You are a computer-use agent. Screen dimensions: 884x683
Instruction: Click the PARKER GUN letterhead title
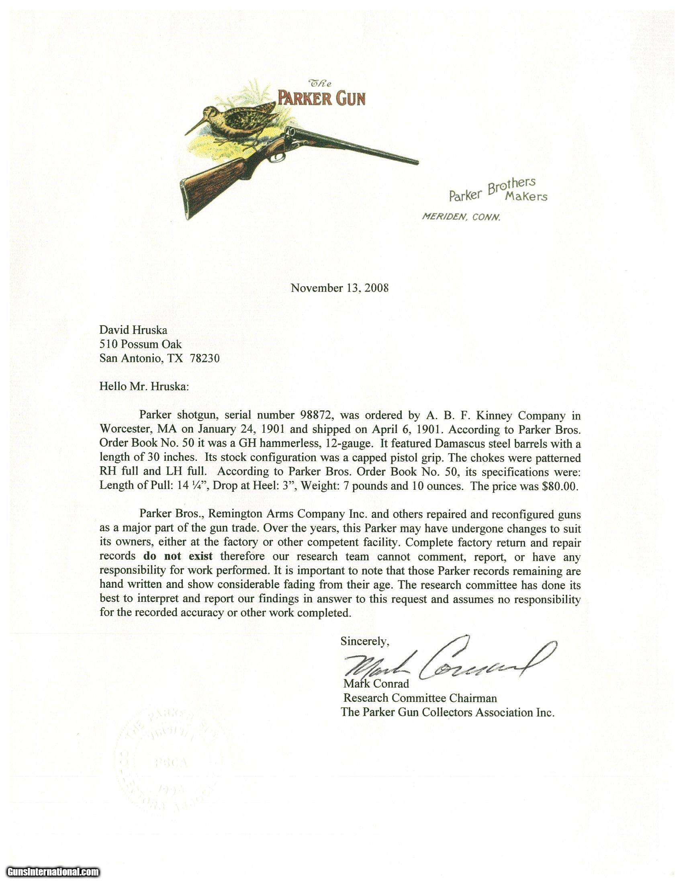pos(321,98)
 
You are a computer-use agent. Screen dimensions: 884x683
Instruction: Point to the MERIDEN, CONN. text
pos(461,217)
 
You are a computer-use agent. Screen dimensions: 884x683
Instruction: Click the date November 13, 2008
pos(339,288)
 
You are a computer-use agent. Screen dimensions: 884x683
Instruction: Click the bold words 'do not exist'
pos(178,556)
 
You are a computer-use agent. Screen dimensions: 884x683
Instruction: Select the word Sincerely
pos(364,641)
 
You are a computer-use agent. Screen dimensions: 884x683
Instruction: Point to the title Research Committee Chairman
pos(420,698)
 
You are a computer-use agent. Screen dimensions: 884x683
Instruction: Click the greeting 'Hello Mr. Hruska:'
pos(144,386)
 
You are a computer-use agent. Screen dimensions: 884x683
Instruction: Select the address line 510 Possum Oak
pos(140,344)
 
